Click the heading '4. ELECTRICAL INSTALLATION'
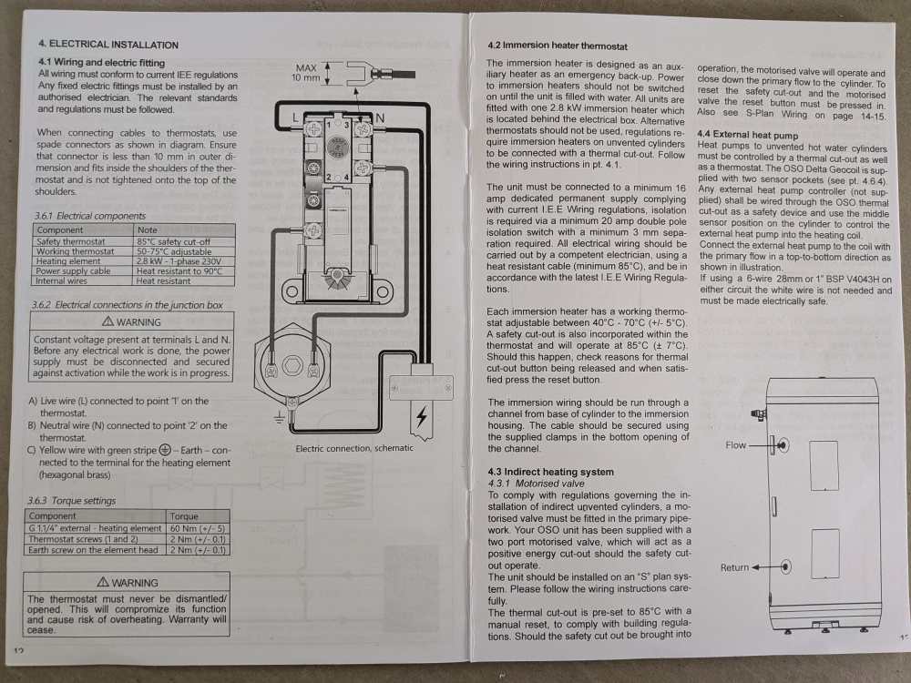(108, 44)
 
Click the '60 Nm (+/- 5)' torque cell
(198, 528)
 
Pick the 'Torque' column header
(184, 515)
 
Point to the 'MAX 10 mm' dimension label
(305, 73)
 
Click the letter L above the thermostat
(295, 117)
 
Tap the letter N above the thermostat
(379, 117)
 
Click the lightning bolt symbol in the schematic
(422, 416)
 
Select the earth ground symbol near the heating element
(280, 417)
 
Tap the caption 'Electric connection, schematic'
(354, 448)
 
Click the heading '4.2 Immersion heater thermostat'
(558, 46)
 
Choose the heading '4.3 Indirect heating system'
(551, 472)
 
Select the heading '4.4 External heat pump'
(748, 135)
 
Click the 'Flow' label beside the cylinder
(735, 445)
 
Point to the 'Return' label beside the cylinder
(734, 567)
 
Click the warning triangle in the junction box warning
(107, 321)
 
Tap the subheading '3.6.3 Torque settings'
(71, 500)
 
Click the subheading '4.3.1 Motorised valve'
(537, 484)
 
